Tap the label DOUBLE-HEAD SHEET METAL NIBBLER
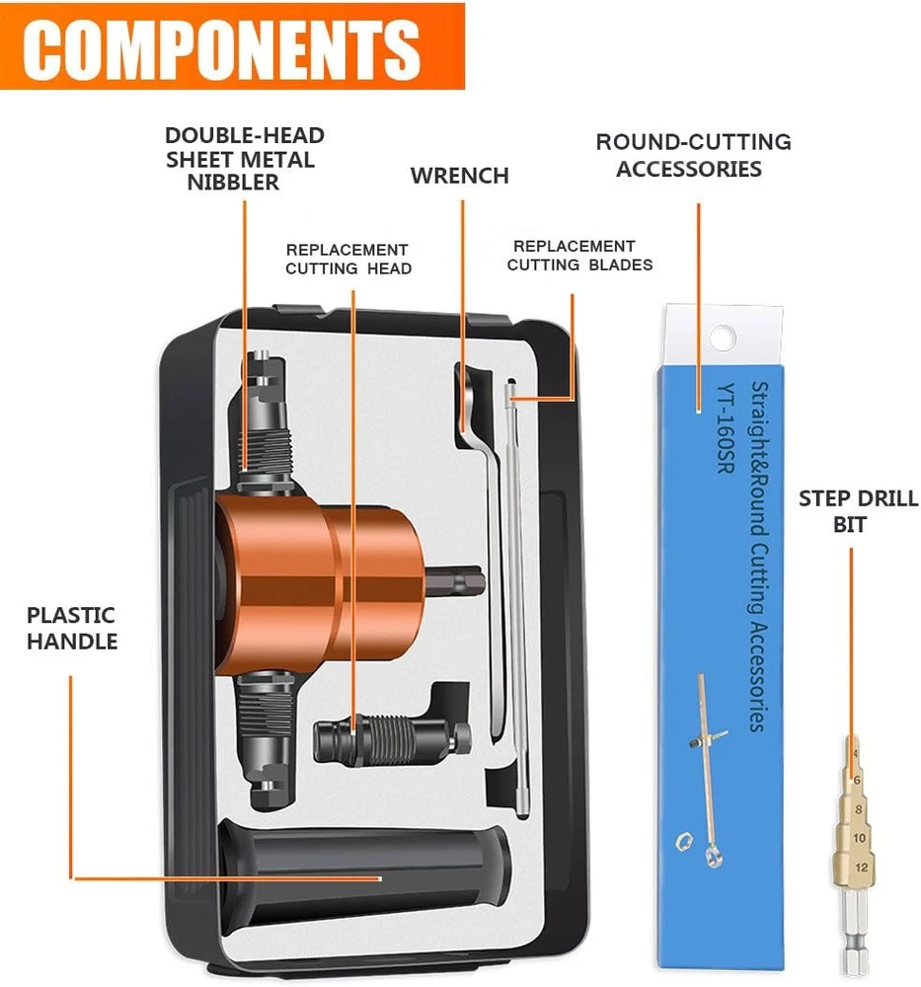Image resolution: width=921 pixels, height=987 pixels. (245, 159)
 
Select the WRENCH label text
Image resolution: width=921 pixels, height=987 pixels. (459, 176)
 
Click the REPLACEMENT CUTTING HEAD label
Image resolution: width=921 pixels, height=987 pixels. (347, 259)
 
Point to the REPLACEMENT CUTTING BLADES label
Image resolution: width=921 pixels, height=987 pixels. (579, 255)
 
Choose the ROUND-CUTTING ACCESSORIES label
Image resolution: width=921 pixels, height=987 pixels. (693, 155)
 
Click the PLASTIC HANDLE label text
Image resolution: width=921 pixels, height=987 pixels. (72, 628)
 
